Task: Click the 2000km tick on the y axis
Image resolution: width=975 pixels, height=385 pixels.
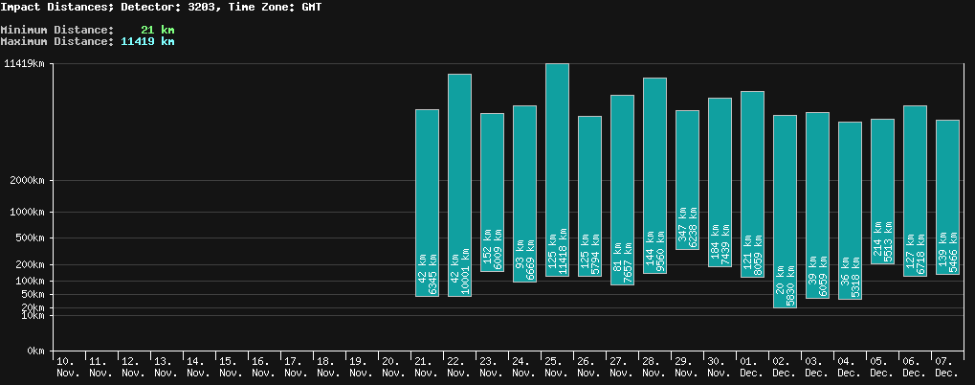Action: (x=27, y=180)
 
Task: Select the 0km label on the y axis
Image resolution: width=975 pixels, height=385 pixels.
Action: (x=35, y=351)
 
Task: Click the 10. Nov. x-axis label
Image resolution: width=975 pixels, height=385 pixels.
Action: (x=68, y=367)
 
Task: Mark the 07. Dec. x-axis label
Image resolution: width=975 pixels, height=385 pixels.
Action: (x=946, y=367)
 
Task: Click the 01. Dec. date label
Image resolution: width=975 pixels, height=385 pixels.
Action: (x=751, y=367)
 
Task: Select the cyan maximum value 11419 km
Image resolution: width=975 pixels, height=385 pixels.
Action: (x=147, y=41)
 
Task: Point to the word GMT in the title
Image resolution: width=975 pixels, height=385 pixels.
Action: (x=309, y=7)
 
